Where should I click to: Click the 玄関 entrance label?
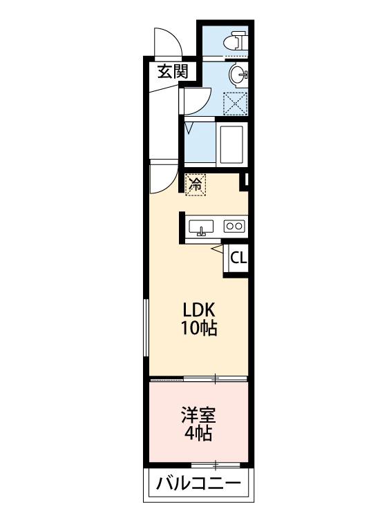point(171,70)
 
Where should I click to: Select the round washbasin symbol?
point(237,75)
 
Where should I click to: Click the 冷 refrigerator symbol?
point(196,184)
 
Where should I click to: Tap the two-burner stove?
point(234,226)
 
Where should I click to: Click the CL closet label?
point(238,258)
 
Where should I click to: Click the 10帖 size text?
point(199,329)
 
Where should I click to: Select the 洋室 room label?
point(198,416)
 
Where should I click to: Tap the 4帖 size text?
point(198,434)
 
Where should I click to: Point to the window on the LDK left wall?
point(146,329)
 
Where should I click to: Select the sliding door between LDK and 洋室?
point(198,378)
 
